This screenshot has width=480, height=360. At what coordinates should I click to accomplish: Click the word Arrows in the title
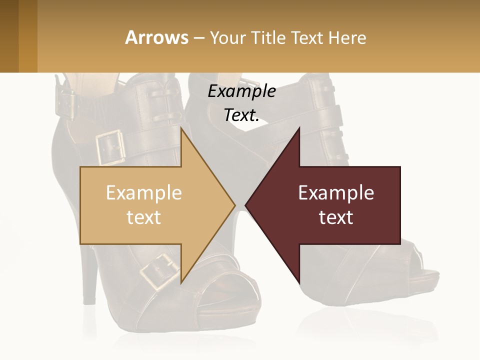pos(157,37)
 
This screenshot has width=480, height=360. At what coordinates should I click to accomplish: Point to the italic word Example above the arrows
pos(241,91)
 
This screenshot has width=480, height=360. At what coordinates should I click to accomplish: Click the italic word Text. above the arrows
pos(241,115)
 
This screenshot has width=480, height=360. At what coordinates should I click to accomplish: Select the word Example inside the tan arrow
pos(144,193)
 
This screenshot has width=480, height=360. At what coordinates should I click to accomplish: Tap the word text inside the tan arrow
pos(144,217)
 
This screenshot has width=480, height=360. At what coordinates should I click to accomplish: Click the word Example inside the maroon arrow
pos(336,193)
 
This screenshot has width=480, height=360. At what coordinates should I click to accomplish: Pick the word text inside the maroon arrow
pos(336,217)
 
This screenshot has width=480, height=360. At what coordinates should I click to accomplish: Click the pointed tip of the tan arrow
pos(234,205)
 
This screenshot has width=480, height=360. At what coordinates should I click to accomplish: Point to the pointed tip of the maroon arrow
pos(246,205)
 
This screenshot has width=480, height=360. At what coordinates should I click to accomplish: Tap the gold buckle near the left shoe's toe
pos(159,272)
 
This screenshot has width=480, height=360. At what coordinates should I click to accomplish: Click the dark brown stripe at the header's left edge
pos(9,36)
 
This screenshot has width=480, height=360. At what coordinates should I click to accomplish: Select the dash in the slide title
pos(198,38)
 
